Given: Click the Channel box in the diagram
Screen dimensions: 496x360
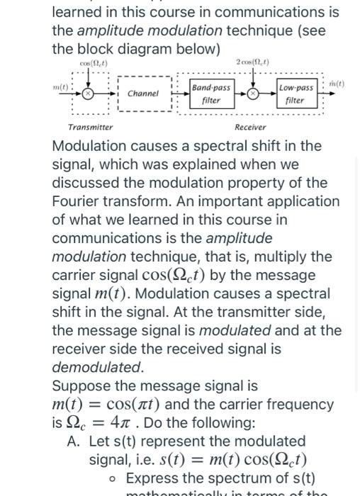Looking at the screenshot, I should [x=144, y=94].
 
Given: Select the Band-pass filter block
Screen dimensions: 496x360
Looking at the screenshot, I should [x=211, y=94].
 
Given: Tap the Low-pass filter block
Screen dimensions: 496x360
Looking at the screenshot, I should [x=296, y=94].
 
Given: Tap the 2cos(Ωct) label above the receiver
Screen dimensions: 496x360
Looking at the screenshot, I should [x=252, y=62].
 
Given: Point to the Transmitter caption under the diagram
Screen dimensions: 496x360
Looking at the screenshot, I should [x=90, y=128].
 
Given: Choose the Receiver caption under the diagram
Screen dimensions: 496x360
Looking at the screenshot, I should [x=250, y=128].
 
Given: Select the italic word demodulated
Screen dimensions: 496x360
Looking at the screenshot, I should [x=96, y=367].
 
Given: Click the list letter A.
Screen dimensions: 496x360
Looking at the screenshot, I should [x=72, y=441].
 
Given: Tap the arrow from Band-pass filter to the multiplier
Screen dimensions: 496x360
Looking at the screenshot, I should [x=240, y=94].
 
